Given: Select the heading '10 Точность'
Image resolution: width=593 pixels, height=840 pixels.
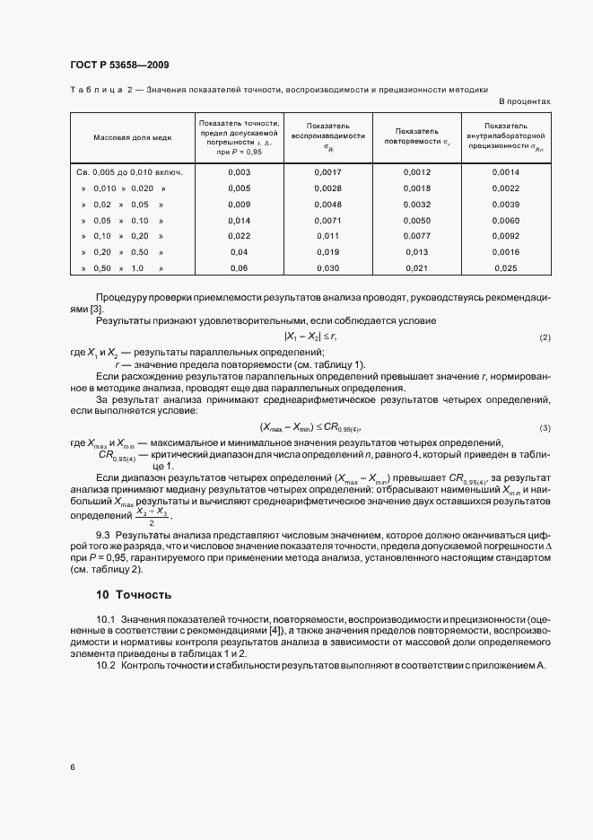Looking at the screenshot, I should tap(134, 594).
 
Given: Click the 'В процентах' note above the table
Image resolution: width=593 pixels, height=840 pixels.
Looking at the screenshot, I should tap(524, 101).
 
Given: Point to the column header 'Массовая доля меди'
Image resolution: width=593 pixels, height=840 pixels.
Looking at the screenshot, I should tap(126, 138).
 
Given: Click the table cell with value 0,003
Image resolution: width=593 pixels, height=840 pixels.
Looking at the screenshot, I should tap(239, 171).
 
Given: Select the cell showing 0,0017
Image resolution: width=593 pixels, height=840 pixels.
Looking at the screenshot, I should tap(329, 171).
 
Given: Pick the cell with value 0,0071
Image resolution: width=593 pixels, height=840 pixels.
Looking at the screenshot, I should tap(329, 220).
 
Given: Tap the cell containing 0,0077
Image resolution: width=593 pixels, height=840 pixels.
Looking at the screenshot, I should tap(417, 236).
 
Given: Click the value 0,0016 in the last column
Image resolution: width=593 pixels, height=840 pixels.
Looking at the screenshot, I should tap(505, 252).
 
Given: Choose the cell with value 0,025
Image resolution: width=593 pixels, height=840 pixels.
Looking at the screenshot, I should tap(505, 268).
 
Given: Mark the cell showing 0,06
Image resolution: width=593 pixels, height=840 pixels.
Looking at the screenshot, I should tap(239, 268).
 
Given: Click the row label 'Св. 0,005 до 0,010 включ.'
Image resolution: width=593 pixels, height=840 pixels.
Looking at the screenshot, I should tap(126, 171).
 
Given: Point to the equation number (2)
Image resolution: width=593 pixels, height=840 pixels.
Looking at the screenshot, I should tap(545, 337).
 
